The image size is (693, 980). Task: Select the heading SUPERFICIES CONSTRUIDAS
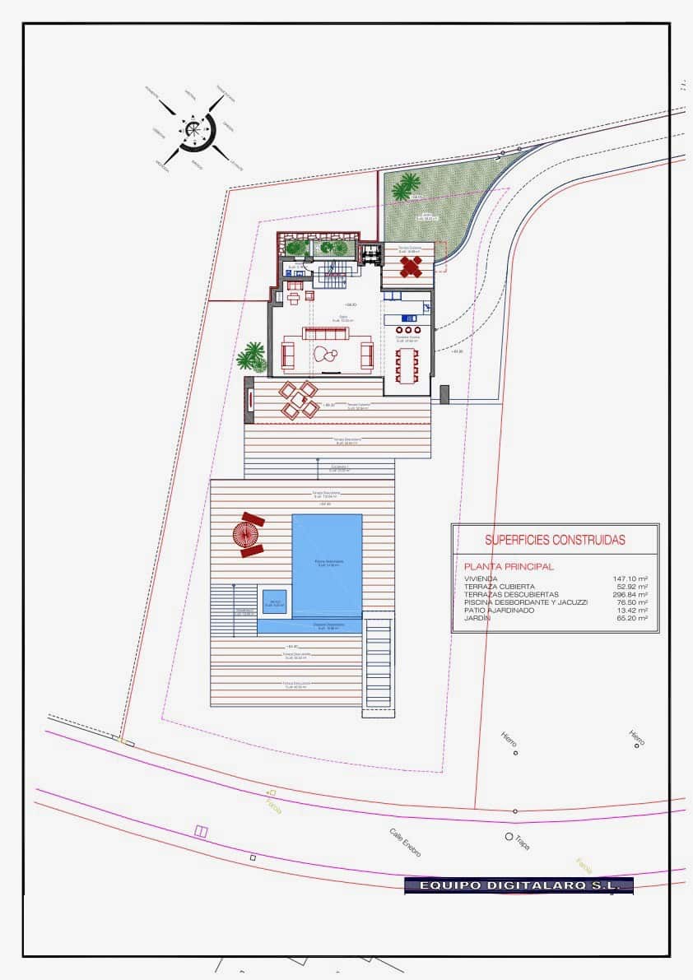pyautogui.click(x=554, y=541)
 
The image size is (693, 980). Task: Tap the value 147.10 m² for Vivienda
pyautogui.click(x=630, y=579)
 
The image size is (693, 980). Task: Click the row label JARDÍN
pyautogui.click(x=477, y=618)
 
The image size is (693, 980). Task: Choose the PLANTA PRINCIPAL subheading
pyautogui.click(x=509, y=567)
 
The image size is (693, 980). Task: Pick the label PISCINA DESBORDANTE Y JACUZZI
pyautogui.click(x=526, y=602)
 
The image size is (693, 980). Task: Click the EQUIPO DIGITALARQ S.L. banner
pyautogui.click(x=519, y=885)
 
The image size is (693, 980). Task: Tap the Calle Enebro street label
pyautogui.click(x=406, y=843)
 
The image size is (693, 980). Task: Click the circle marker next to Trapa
pyautogui.click(x=509, y=837)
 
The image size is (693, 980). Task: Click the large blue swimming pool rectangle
pyautogui.click(x=327, y=564)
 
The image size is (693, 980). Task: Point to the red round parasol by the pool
pyautogui.click(x=246, y=534)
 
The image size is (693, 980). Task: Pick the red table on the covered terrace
pyautogui.click(x=411, y=266)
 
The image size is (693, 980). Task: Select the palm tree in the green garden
pyautogui.click(x=405, y=187)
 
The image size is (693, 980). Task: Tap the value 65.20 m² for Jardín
pyautogui.click(x=631, y=618)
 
